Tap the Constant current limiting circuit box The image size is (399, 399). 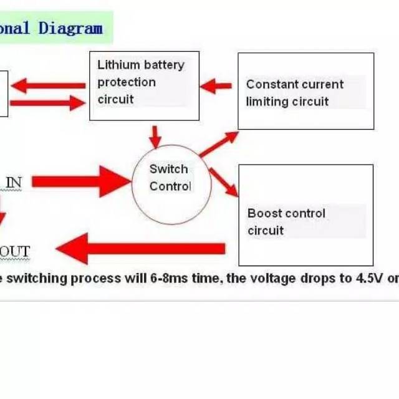305,91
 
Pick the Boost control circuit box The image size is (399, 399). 305,215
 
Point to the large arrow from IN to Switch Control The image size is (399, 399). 81,181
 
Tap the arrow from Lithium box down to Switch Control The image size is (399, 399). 155,135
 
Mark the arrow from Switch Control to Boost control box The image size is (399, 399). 223,181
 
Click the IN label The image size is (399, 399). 14,182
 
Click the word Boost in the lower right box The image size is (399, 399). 265,213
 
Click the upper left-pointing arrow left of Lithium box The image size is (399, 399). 47,85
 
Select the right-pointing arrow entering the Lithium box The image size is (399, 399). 47,102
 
